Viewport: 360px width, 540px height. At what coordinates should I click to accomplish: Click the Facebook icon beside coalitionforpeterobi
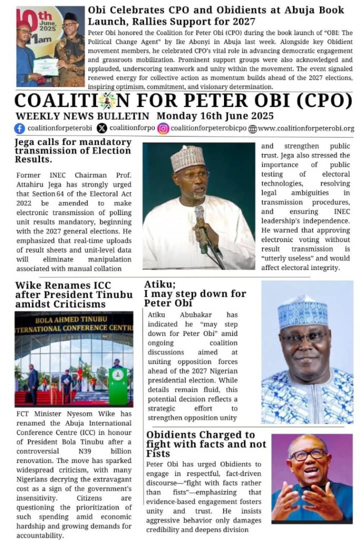click(x=20, y=128)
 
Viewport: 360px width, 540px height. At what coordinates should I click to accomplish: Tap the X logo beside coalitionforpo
click(x=102, y=128)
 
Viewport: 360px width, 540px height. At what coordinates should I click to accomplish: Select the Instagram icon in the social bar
click(x=163, y=128)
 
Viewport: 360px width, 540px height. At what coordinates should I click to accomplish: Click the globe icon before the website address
click(x=252, y=129)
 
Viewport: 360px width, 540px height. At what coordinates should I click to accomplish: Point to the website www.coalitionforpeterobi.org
click(x=306, y=128)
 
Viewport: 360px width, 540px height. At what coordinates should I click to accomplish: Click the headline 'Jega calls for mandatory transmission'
click(x=73, y=150)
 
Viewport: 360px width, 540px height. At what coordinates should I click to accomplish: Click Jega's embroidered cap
click(x=187, y=157)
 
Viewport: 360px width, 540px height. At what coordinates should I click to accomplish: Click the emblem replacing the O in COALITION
click(x=108, y=100)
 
